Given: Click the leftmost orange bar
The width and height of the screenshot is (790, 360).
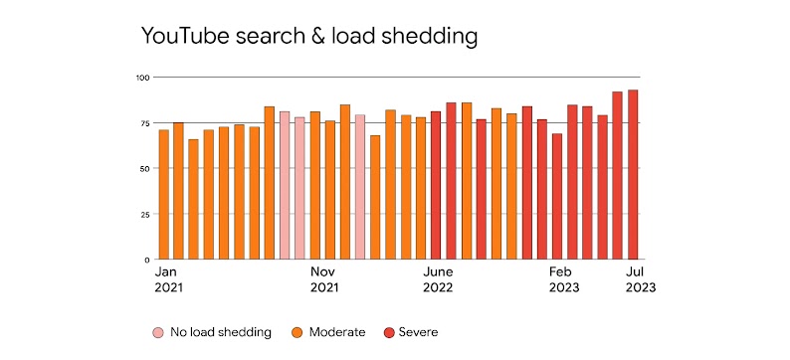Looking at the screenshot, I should pos(164,195).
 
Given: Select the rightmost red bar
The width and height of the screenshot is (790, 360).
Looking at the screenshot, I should pos(633,175).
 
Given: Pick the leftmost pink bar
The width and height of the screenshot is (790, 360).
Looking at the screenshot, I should pos(285,186).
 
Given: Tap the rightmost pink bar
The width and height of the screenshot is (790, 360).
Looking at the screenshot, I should pos(360,187).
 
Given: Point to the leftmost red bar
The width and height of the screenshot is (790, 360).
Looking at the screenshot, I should pos(436,186).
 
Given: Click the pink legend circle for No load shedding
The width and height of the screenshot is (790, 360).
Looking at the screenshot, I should pos(158,332).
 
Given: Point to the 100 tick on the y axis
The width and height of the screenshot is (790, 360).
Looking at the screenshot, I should pos(142,78).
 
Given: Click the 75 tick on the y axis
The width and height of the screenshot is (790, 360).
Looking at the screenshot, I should pos(143,123).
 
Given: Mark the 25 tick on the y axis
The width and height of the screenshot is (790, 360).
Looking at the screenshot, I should pos(143,214).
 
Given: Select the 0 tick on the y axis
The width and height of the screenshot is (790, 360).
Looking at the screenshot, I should pos(145,260).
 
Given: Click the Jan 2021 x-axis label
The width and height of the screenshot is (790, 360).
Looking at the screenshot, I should pos(168,278).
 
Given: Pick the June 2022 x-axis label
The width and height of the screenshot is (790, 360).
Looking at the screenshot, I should pos(439,278).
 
